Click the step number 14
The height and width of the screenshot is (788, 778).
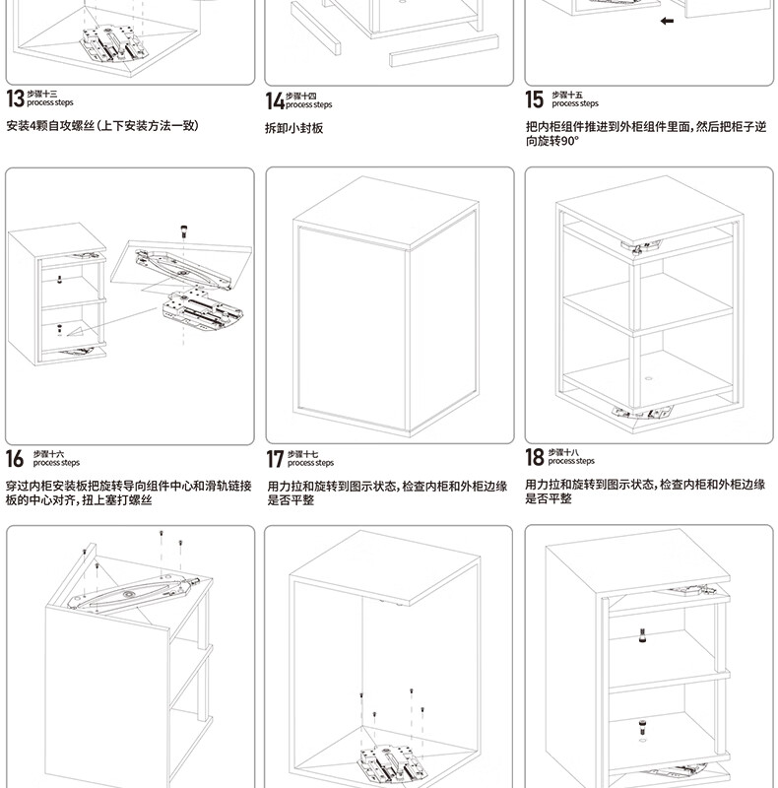click(x=275, y=100)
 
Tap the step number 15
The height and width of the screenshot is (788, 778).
click(x=534, y=98)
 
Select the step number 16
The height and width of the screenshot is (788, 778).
click(x=15, y=458)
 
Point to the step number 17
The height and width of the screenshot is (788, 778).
click(x=275, y=459)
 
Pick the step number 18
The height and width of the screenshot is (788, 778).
click(x=535, y=457)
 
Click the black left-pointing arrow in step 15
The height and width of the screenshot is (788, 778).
click(x=667, y=21)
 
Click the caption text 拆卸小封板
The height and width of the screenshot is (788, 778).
click(x=293, y=128)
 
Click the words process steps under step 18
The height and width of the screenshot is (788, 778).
click(x=571, y=461)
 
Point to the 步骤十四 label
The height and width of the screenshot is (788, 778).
click(x=301, y=96)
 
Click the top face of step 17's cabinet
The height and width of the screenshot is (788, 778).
click(x=384, y=208)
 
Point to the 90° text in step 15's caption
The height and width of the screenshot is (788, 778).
click(x=569, y=141)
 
